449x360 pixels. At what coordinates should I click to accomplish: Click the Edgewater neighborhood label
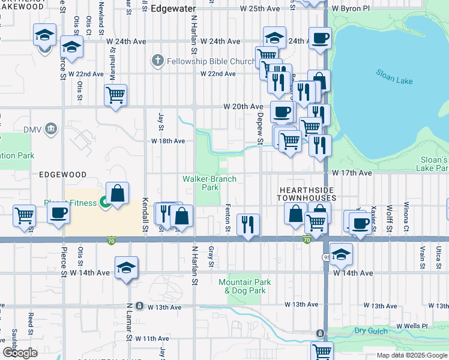(x=173, y=9)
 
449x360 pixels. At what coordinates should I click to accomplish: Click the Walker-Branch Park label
(x=209, y=183)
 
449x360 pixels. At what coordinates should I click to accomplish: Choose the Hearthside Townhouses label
(x=307, y=193)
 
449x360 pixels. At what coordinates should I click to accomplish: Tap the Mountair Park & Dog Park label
(x=245, y=286)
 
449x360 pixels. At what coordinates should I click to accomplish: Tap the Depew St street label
(x=261, y=128)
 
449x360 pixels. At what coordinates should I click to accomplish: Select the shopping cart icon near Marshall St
(x=115, y=95)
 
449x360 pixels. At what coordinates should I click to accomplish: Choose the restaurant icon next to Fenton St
(x=248, y=224)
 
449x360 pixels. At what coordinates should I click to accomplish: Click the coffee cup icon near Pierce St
(x=58, y=214)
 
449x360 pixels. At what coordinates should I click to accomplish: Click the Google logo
(x=20, y=353)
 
